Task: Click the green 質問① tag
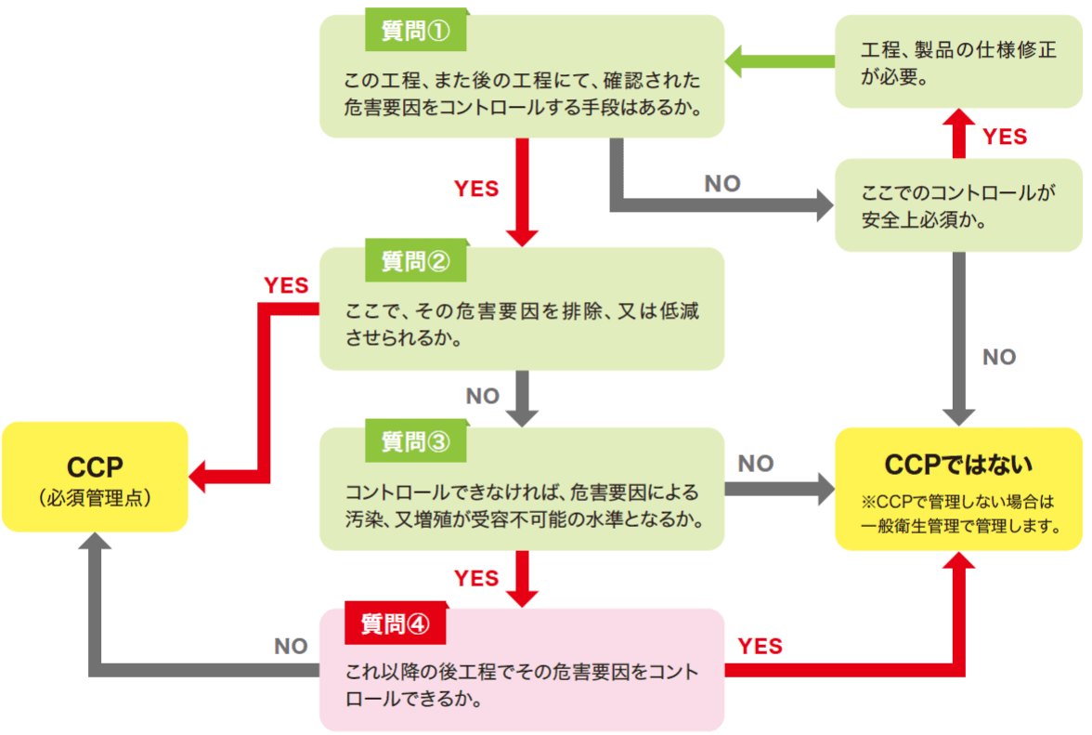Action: (415, 31)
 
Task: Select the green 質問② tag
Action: (415, 261)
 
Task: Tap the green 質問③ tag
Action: (415, 442)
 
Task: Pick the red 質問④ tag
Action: (395, 623)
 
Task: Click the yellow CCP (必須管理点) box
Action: (95, 477)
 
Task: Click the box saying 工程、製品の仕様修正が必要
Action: (959, 63)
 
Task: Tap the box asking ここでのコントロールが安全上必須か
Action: (959, 205)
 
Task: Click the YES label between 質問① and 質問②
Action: (476, 189)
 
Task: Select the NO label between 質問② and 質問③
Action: (483, 397)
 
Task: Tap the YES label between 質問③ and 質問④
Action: (476, 578)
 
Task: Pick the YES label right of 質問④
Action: (760, 646)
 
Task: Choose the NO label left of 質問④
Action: (291, 646)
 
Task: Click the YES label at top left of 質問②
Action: (286, 285)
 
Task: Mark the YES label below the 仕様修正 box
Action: (1005, 137)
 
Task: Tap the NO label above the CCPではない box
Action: (999, 357)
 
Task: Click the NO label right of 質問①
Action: (722, 183)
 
